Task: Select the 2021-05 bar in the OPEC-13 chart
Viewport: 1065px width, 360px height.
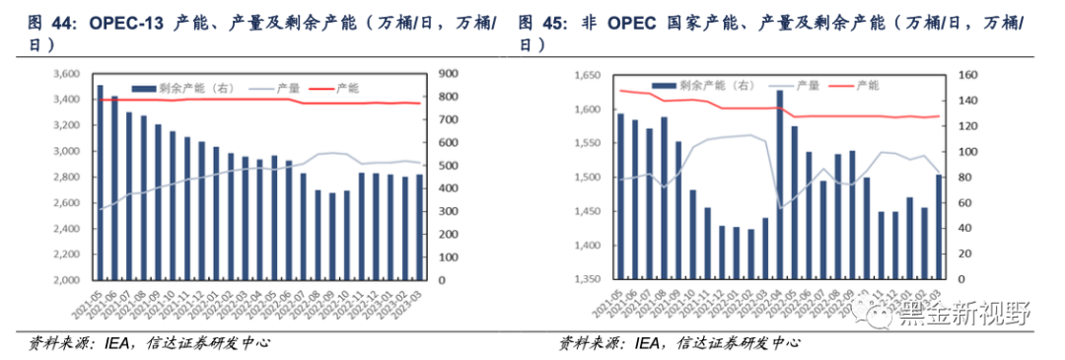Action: [100, 182]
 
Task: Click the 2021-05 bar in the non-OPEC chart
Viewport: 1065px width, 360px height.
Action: [620, 196]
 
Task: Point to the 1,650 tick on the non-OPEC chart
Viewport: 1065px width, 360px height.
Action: [585, 75]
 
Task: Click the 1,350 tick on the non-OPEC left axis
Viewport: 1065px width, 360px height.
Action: [585, 280]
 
